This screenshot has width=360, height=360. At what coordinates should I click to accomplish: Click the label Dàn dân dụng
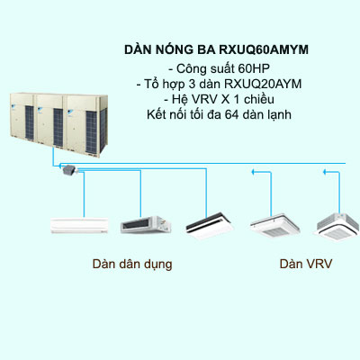[x=132, y=265]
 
